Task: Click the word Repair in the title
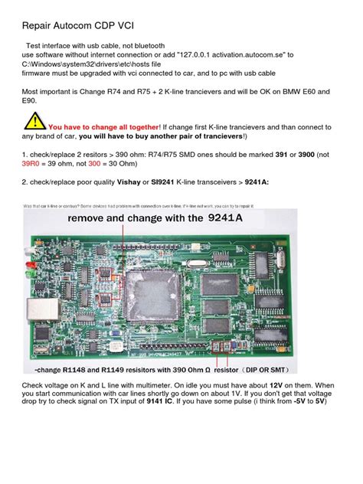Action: pos(39,27)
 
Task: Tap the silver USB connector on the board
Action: pos(37,311)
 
